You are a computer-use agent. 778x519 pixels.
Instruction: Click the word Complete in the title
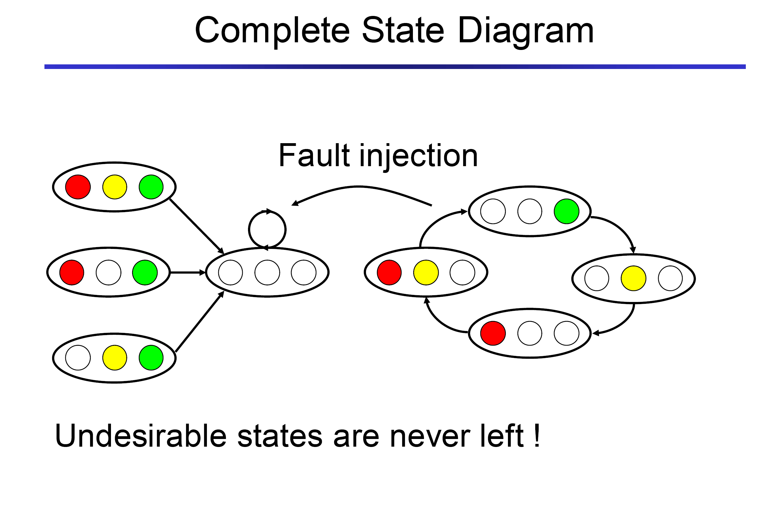tap(272, 32)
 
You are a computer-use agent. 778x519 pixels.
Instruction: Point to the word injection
tap(418, 156)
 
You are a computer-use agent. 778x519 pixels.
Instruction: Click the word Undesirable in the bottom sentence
tap(141, 436)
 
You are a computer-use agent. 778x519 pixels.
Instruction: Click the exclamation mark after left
tap(536, 435)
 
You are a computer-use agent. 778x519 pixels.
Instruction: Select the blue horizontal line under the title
tap(395, 67)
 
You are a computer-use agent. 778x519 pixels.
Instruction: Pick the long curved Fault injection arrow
tap(359, 187)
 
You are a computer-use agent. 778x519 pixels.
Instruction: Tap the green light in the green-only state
tap(566, 211)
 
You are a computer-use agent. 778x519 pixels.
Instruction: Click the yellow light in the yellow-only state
tap(633, 278)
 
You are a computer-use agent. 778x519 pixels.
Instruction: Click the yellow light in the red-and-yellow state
tap(426, 273)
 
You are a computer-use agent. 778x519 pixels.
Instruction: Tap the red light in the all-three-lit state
tap(78, 187)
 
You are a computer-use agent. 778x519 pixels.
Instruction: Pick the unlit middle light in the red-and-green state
tap(108, 273)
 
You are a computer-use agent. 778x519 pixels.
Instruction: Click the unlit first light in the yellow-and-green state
tap(78, 358)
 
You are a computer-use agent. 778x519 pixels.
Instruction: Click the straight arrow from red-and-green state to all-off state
tap(187, 273)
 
